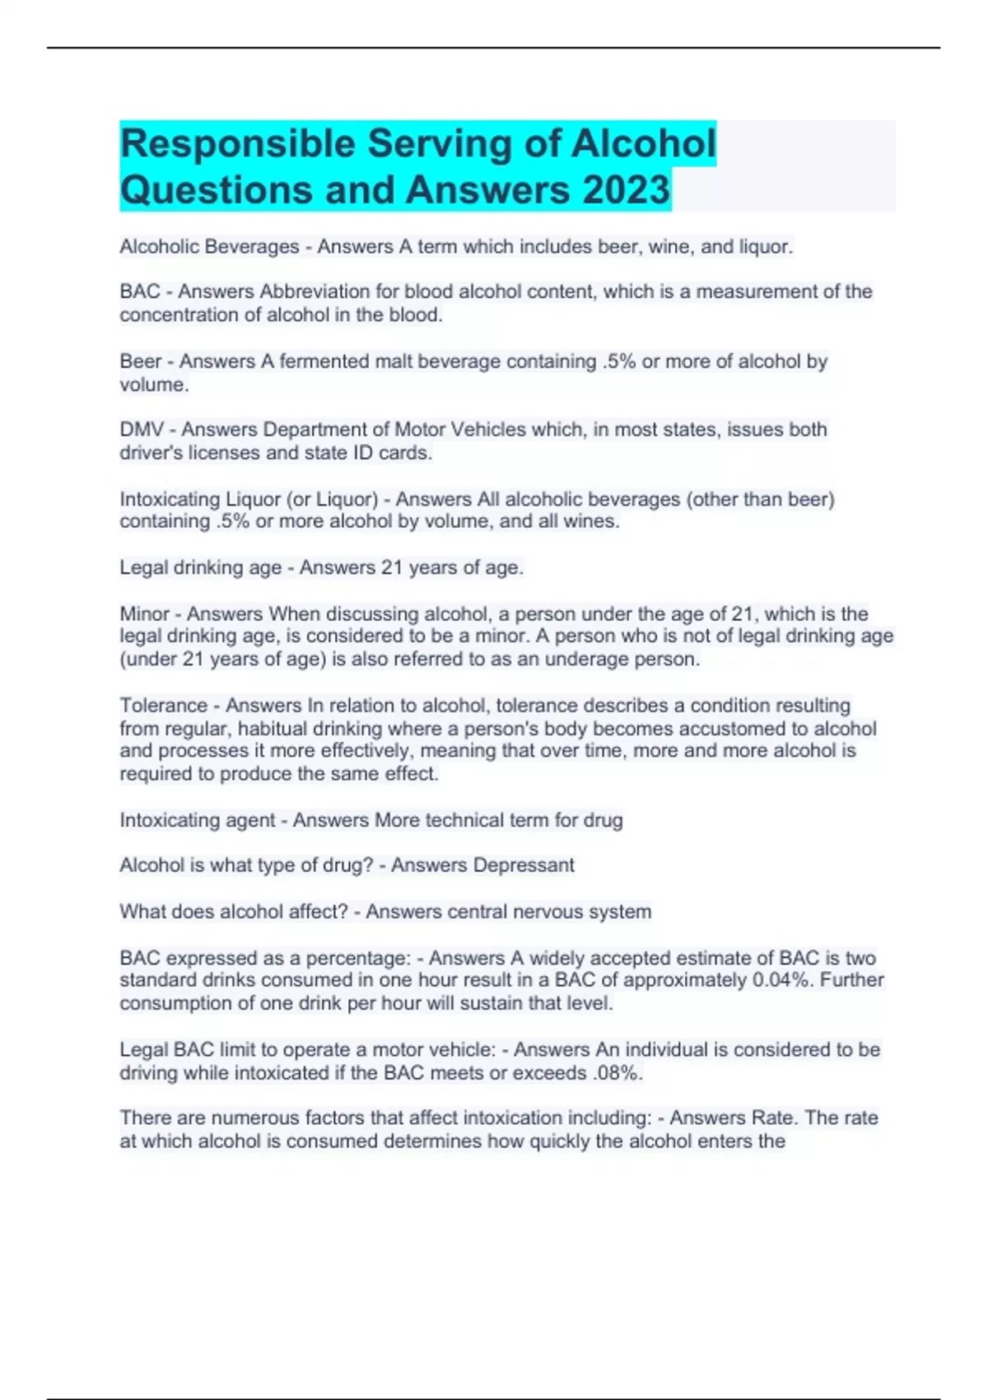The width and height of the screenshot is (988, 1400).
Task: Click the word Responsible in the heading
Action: tap(237, 143)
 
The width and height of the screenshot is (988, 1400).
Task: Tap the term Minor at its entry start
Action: tap(144, 614)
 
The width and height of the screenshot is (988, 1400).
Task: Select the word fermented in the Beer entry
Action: tap(324, 362)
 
